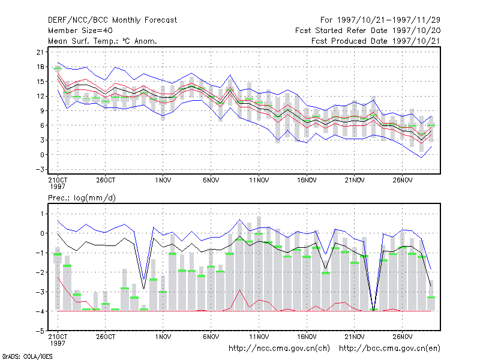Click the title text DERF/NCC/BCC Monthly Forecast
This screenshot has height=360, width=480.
112,20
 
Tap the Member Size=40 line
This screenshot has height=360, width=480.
80,31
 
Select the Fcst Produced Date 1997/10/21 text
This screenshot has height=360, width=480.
376,41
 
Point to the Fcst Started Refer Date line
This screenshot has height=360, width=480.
368,31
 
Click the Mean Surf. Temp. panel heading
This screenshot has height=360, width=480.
103,41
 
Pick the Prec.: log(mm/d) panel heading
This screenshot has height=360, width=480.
82,198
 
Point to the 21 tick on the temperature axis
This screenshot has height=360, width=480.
40,52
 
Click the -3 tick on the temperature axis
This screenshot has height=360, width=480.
40,169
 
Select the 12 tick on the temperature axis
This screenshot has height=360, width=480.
40,96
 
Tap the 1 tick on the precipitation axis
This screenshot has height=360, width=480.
42,214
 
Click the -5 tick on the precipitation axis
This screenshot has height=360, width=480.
40,331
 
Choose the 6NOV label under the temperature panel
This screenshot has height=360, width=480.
211,181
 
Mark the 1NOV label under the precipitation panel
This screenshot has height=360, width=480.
163,337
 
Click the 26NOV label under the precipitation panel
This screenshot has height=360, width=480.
402,337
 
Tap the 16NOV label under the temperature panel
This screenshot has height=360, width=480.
307,181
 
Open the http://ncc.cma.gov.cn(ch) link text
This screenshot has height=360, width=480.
279,349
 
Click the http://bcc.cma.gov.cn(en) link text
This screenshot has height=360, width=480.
389,349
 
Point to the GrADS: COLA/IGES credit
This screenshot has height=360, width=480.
27,356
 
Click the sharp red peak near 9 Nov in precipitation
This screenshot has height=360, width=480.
239,290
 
